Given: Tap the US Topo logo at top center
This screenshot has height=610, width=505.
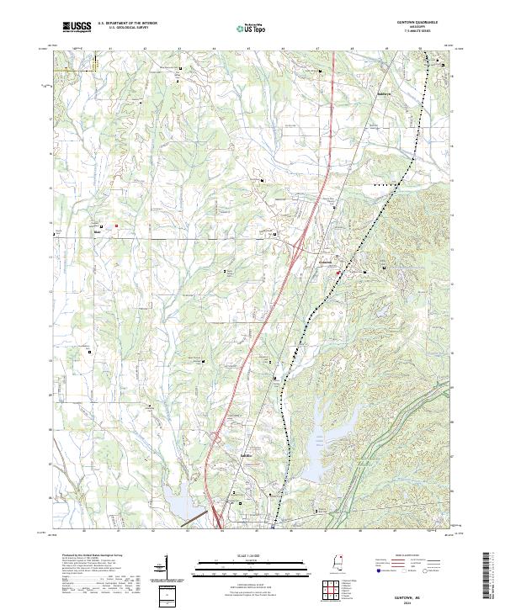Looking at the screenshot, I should point(243,29).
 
